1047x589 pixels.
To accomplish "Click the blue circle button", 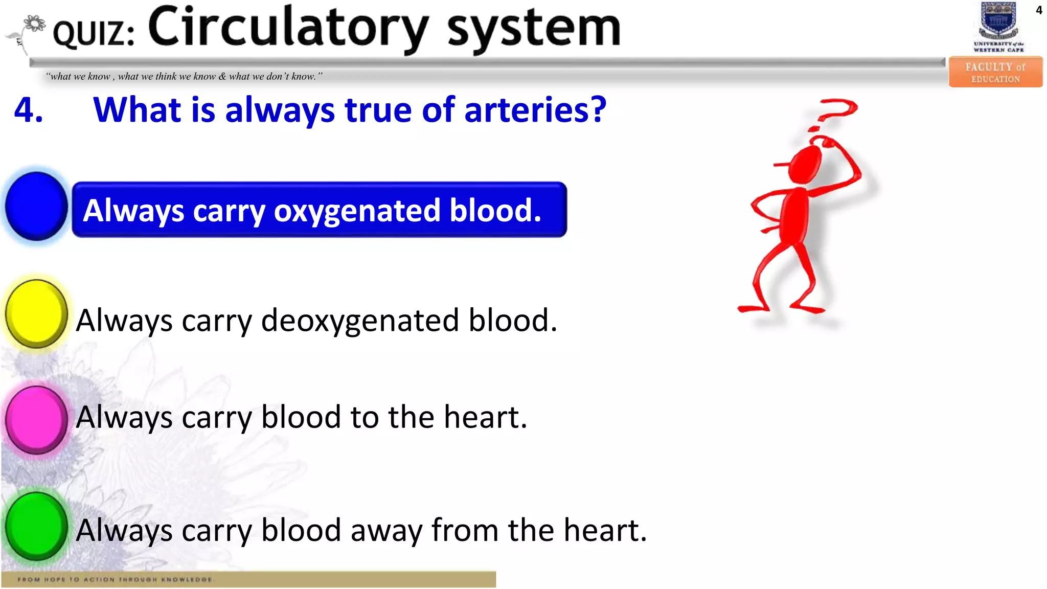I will (x=36, y=206).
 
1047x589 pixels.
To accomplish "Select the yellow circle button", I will (x=36, y=314).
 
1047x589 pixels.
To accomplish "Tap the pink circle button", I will (x=36, y=420).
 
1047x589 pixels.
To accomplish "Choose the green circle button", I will (x=36, y=526).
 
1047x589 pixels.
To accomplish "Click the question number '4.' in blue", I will (x=29, y=110).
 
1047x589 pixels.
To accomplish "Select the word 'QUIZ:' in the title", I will (x=94, y=33).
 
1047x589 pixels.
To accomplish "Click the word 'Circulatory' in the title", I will (x=288, y=28).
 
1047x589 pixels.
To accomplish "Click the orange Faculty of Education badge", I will (x=995, y=72).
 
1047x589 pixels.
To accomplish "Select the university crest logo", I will (x=998, y=22).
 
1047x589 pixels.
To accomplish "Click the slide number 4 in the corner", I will (x=1039, y=10).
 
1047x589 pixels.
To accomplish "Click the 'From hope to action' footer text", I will (x=116, y=579).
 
